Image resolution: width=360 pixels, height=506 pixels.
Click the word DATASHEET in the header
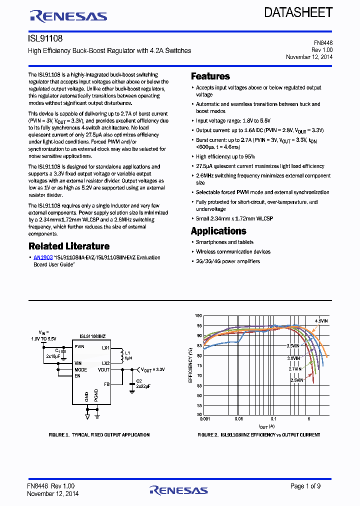[298, 12]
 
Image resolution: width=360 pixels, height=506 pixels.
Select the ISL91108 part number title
[45, 38]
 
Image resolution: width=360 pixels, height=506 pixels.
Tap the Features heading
[210, 76]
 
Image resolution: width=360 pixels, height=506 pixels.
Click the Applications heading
[218, 231]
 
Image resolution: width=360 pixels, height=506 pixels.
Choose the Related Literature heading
[69, 246]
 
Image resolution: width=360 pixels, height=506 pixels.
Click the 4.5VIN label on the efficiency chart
[321, 320]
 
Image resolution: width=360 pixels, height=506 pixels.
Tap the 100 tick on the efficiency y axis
[198, 316]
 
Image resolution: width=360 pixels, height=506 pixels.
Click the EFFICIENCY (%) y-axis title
[190, 365]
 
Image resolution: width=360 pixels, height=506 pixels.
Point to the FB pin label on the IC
[106, 384]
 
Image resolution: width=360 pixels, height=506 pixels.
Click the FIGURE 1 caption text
[99, 435]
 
